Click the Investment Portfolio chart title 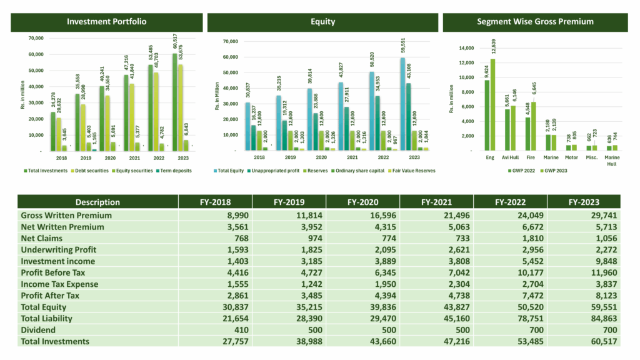click(107, 22)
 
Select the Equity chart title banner click(322, 22)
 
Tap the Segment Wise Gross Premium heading click(535, 22)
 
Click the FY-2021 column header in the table click(436, 202)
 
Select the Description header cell click(97, 202)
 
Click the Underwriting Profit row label click(59, 250)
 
